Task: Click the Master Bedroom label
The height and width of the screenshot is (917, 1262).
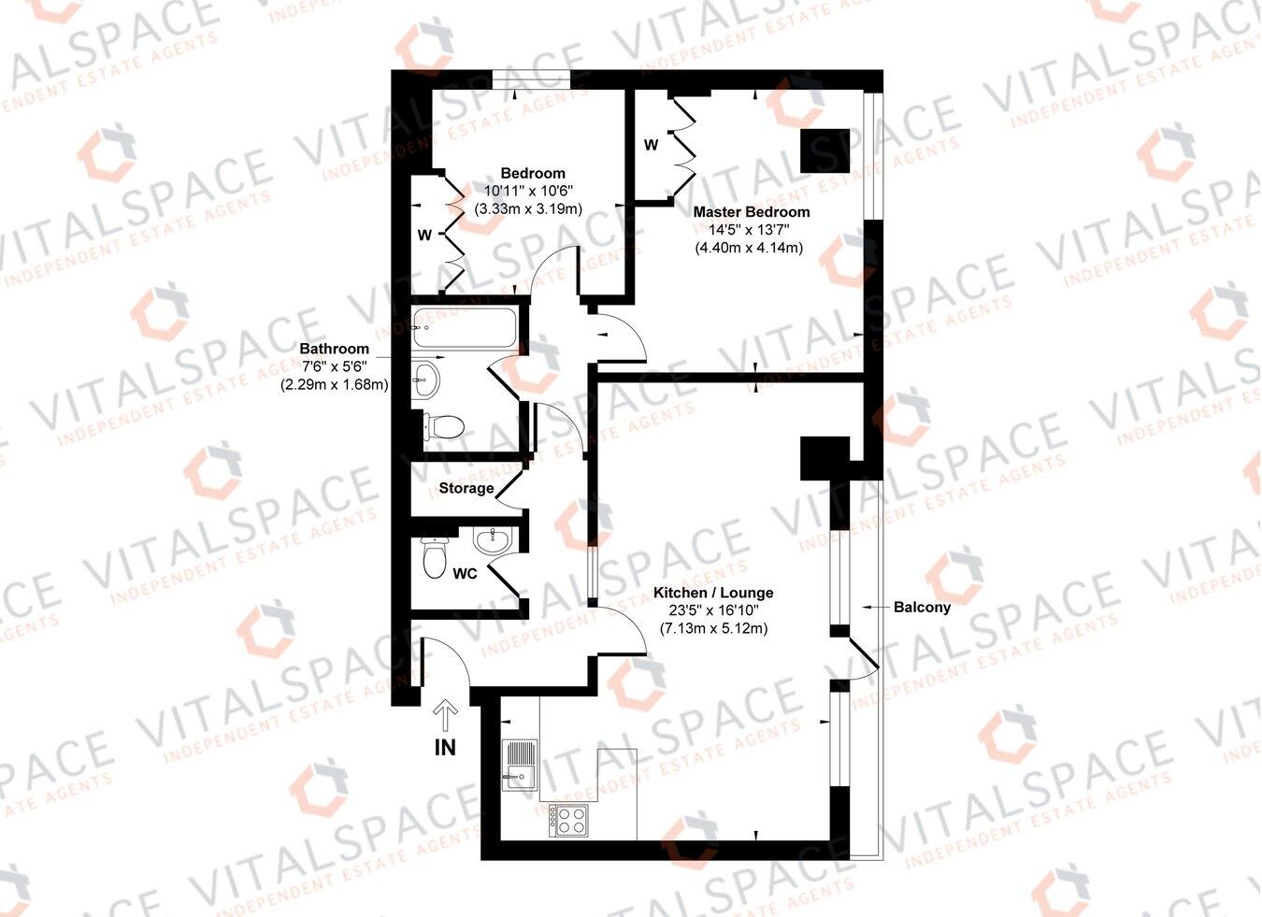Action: pyautogui.click(x=751, y=212)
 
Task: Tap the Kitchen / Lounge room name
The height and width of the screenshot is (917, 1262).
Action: pyautogui.click(x=713, y=593)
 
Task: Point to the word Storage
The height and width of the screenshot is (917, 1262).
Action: pyautogui.click(x=466, y=488)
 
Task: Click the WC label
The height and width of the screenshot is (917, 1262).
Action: pyautogui.click(x=465, y=573)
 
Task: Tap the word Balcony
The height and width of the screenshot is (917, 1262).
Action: pyautogui.click(x=923, y=608)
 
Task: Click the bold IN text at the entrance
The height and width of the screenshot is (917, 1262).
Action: pyautogui.click(x=445, y=748)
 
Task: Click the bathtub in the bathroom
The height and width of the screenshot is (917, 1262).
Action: pyautogui.click(x=465, y=326)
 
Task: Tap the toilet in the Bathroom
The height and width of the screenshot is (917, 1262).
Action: pyautogui.click(x=443, y=426)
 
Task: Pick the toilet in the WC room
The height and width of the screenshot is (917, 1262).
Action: pyautogui.click(x=434, y=557)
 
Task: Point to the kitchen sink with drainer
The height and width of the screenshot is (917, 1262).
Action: pyautogui.click(x=520, y=765)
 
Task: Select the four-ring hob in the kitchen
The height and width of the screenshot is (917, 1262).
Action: pyautogui.click(x=569, y=820)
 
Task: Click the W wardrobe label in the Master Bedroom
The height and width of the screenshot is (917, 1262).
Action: pyautogui.click(x=651, y=145)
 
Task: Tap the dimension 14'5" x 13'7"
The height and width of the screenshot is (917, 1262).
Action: pyautogui.click(x=751, y=230)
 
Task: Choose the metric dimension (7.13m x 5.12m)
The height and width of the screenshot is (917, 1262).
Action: pyautogui.click(x=713, y=628)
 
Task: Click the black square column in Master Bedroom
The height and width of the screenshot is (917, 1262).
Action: pyautogui.click(x=825, y=150)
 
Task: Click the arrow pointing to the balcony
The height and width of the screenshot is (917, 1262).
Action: pyautogui.click(x=876, y=608)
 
